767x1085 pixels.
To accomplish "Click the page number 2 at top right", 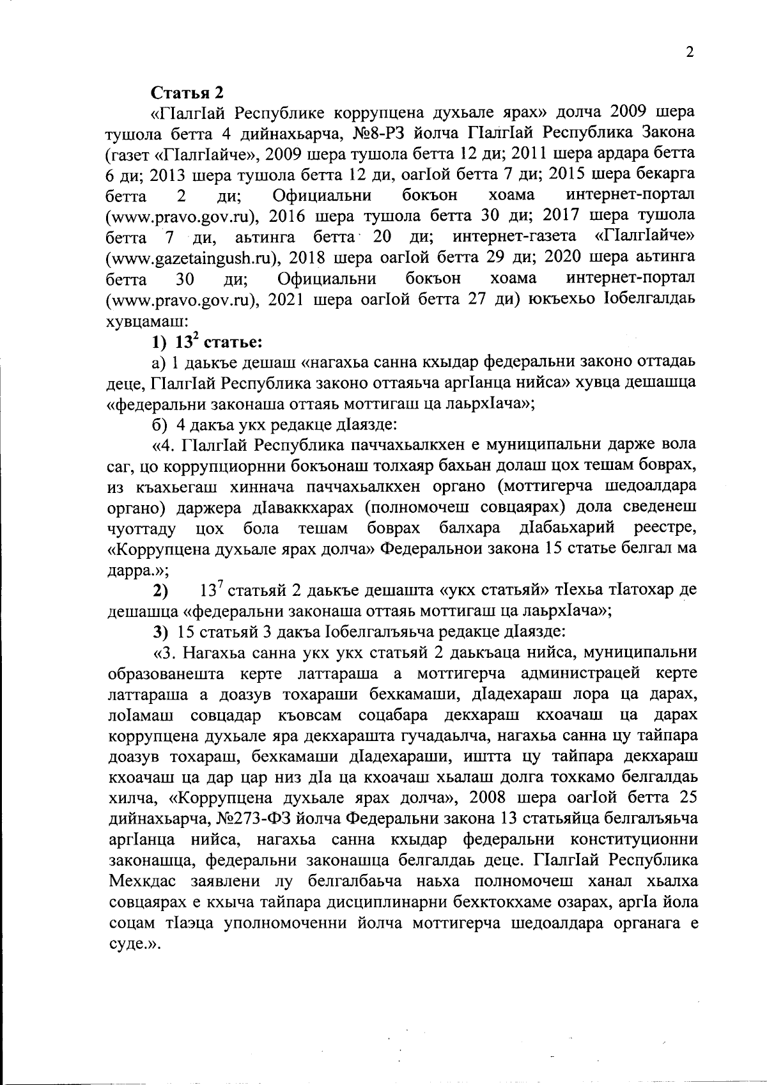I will coord(690,53).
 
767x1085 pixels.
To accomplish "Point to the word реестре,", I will coord(665,529).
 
